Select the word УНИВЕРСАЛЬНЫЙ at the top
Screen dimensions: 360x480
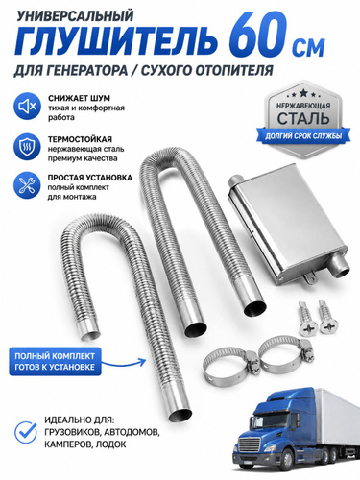coord(75,15)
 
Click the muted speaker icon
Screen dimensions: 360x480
coord(27,107)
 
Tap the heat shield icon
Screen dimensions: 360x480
coord(27,147)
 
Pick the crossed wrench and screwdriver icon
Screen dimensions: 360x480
coord(27,185)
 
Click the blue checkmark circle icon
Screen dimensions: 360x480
coord(26,432)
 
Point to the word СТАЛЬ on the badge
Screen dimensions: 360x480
coord(303,118)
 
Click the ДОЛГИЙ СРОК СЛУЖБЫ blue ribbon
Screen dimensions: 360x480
coord(303,136)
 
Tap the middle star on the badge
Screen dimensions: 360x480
coord(303,93)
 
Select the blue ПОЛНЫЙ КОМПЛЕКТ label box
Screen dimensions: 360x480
coord(55,361)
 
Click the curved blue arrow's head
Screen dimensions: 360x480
coord(143,361)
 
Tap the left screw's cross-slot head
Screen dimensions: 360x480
coord(308,327)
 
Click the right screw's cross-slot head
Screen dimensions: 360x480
coord(327,325)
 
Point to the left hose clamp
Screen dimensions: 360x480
coord(228,367)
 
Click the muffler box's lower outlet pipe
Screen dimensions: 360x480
coord(339,267)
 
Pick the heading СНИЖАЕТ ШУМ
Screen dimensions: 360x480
coord(79,98)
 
